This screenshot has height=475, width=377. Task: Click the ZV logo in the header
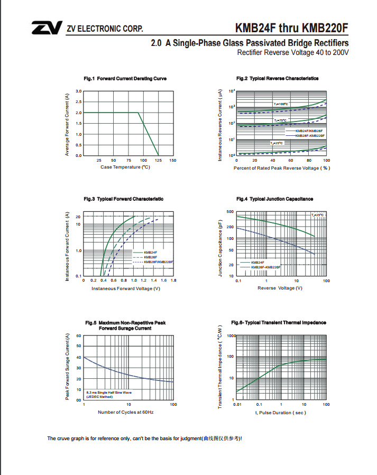point(46,28)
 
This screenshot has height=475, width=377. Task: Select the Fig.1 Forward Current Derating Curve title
point(125,79)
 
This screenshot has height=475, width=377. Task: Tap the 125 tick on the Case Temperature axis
point(158,160)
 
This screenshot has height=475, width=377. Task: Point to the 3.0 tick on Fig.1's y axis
point(78,91)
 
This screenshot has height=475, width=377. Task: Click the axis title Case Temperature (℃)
point(125,167)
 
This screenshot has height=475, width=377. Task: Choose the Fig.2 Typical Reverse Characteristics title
point(277,79)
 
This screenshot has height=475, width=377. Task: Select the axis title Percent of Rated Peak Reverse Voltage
point(281,168)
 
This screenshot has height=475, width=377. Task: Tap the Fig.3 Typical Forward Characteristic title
point(123,199)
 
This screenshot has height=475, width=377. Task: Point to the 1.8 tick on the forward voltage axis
point(173,280)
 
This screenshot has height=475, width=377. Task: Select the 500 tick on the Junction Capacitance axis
point(230,212)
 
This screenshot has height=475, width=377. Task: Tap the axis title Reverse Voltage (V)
point(280,288)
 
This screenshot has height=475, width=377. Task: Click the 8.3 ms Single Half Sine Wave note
point(109,394)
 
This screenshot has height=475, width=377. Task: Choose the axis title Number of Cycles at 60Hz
point(125,412)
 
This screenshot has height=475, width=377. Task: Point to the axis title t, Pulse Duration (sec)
point(280,412)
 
